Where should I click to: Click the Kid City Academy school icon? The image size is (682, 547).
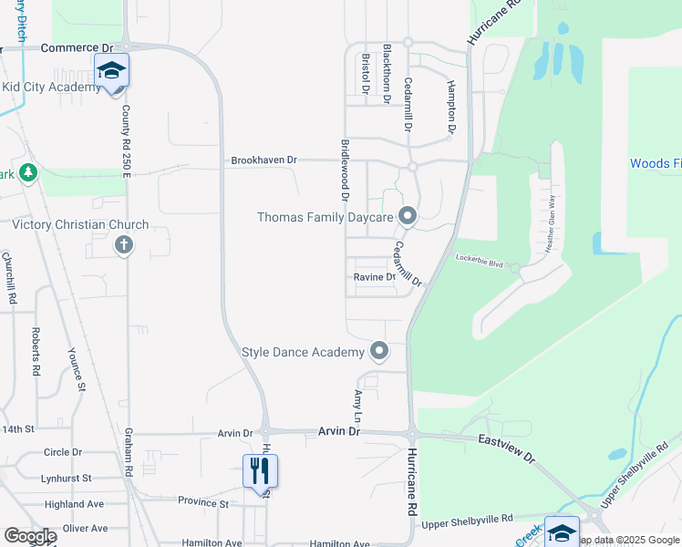tap(111, 70)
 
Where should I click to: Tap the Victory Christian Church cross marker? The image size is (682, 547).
tap(123, 244)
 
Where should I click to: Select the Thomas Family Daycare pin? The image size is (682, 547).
tap(408, 216)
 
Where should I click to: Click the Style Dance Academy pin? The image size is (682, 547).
tap(379, 351)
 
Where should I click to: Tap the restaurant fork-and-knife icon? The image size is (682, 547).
tap(260, 470)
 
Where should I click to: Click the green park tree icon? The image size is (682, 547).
tap(27, 172)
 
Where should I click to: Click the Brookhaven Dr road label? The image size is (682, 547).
tap(264, 160)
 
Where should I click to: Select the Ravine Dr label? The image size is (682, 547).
tap(375, 277)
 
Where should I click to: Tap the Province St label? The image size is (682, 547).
tap(202, 502)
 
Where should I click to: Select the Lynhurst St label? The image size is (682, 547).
tap(67, 478)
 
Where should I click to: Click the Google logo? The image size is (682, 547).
tap(29, 535)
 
